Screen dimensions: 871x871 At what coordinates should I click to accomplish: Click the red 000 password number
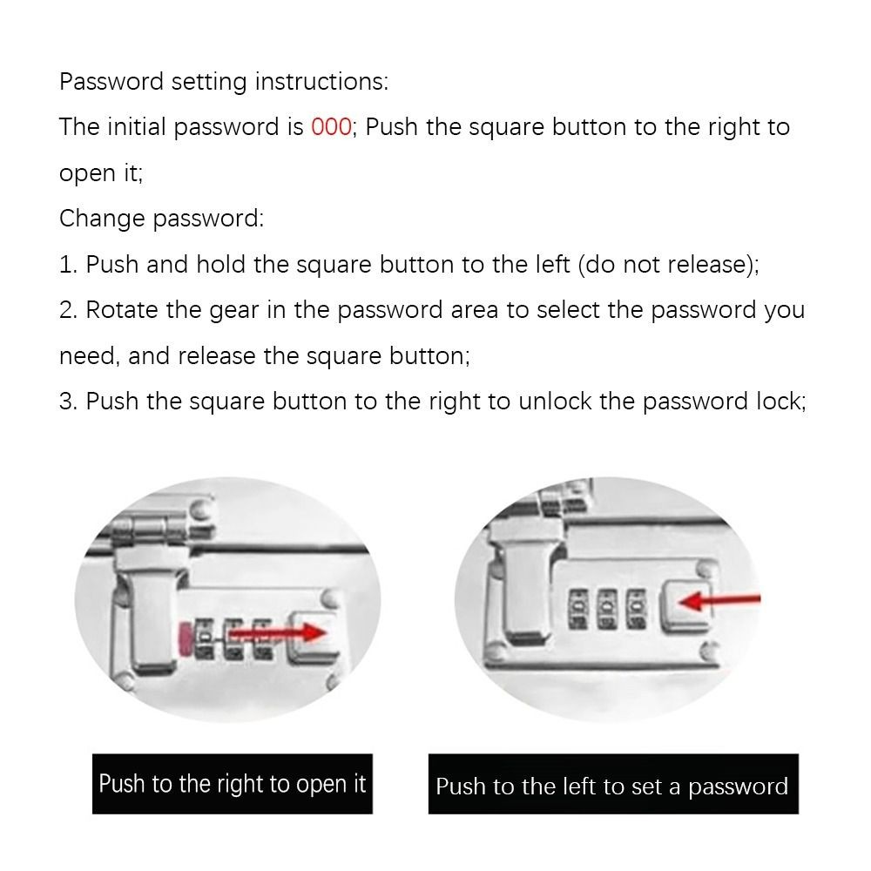[x=331, y=127]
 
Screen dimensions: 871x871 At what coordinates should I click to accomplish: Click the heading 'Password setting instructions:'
[x=224, y=82]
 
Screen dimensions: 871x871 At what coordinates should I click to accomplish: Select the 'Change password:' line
[x=162, y=219]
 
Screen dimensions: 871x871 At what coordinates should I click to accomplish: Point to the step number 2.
[x=68, y=311]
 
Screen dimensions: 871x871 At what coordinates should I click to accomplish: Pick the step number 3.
[x=68, y=402]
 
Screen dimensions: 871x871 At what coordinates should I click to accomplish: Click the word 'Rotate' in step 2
[x=122, y=311]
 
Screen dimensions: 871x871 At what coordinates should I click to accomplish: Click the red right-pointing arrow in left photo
[x=277, y=632]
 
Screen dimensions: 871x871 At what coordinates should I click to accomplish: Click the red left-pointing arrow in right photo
[x=719, y=600]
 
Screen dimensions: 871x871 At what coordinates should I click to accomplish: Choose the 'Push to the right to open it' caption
[x=233, y=784]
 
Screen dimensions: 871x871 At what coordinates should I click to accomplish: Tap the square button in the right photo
[x=685, y=606]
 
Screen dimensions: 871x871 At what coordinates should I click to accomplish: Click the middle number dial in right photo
[x=607, y=610]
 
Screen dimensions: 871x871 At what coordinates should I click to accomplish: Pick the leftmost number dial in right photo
[x=578, y=610]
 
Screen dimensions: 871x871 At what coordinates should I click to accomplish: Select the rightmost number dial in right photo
[x=636, y=610]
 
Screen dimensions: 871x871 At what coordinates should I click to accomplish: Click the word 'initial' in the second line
[x=136, y=127]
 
